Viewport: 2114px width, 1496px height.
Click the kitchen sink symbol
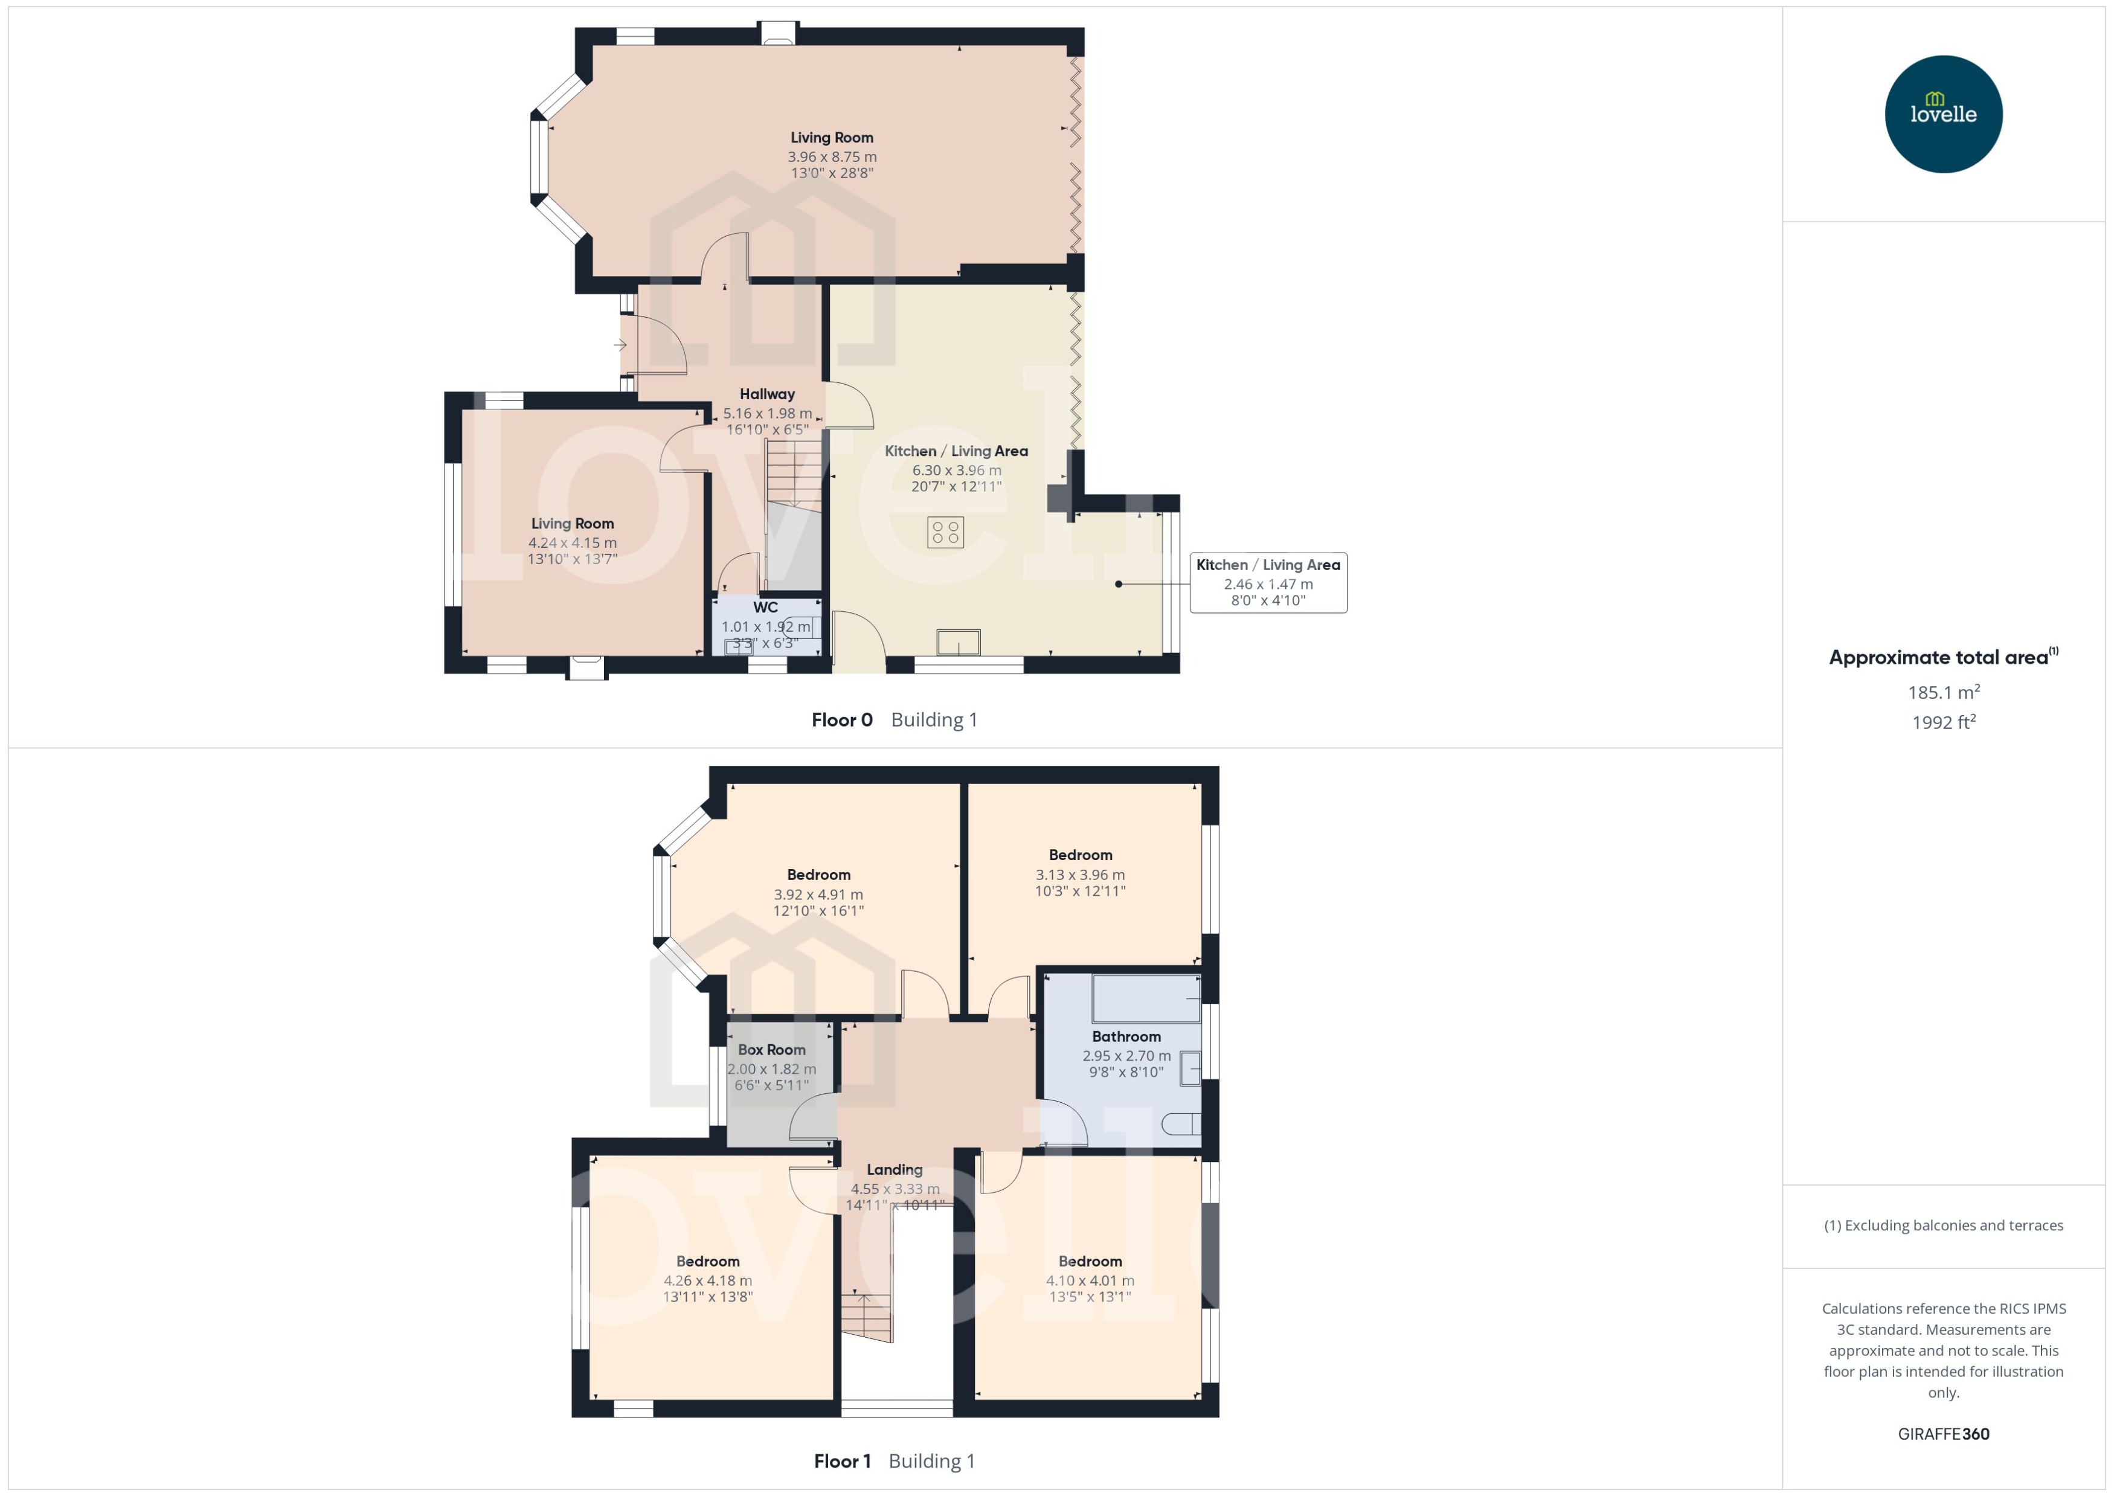958,642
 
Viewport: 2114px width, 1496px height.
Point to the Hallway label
766,394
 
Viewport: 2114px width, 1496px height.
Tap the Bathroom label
1126,1037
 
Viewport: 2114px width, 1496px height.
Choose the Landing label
893,1170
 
